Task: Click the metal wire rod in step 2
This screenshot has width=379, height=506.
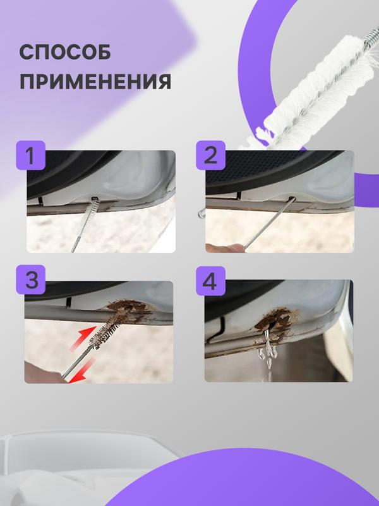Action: click(268, 221)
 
